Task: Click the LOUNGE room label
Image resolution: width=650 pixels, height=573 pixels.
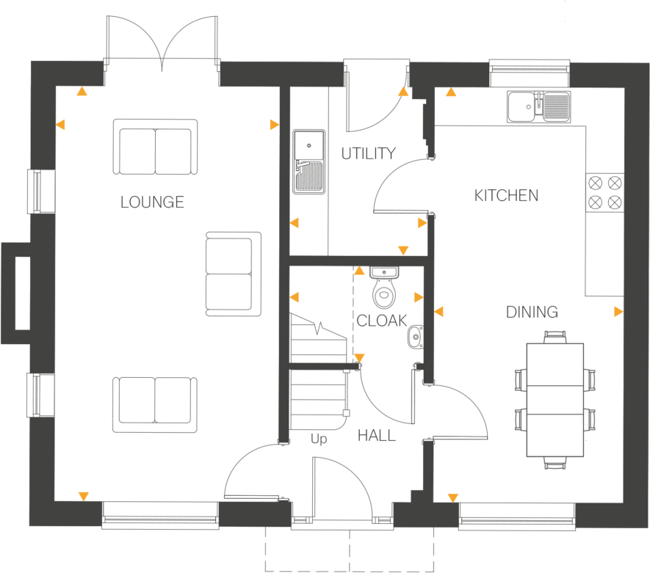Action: tap(152, 202)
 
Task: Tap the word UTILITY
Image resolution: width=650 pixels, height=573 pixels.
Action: tap(368, 153)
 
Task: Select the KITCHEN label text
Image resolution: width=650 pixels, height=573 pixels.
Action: tap(506, 196)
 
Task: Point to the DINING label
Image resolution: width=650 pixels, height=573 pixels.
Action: tap(532, 313)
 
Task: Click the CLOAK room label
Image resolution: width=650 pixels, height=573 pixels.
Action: tap(381, 321)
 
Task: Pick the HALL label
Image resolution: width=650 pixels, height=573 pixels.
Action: tap(376, 436)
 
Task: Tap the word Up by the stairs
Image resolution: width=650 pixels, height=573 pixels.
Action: tap(319, 439)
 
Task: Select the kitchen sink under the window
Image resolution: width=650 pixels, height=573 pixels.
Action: tap(538, 106)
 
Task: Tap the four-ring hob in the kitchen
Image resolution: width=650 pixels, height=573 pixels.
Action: tap(604, 191)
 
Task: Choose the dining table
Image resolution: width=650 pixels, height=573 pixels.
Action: tap(556, 399)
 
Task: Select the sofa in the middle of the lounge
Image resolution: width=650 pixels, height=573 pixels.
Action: tap(234, 274)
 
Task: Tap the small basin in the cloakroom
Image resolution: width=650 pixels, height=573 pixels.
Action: tap(415, 335)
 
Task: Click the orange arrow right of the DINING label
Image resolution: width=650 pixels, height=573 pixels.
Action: tap(618, 312)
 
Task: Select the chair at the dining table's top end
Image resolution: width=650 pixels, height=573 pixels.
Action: tap(555, 337)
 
